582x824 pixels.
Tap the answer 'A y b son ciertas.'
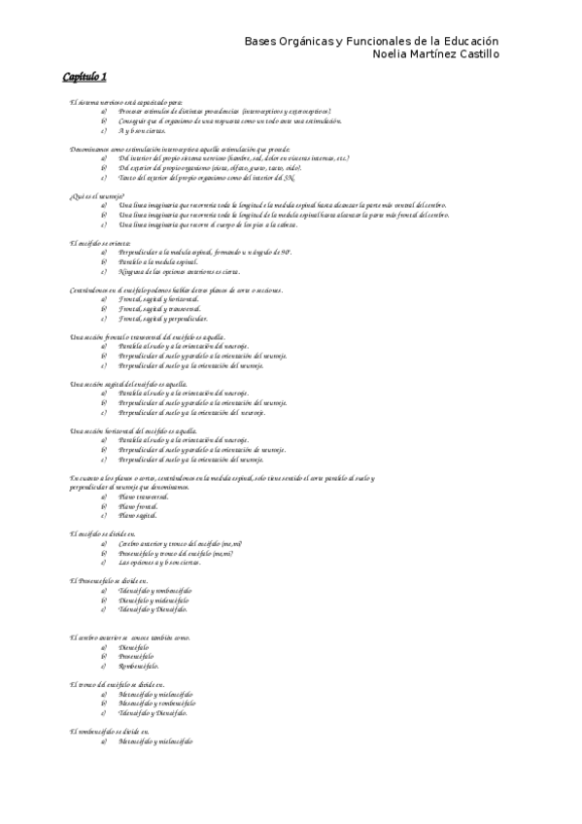[x=146, y=129]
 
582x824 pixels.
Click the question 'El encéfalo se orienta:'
[x=100, y=242]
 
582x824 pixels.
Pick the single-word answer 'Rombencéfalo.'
[x=139, y=667]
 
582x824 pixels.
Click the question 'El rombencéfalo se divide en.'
[x=109, y=730]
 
